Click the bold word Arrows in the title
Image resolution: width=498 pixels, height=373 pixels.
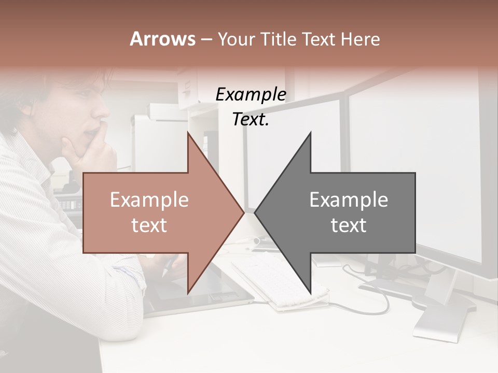[x=163, y=39]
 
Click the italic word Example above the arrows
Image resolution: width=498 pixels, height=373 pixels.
[x=251, y=95]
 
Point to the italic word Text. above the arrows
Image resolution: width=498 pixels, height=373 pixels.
[x=251, y=120]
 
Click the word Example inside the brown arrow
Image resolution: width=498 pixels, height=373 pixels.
[x=149, y=200]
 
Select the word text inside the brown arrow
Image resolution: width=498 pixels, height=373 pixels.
[x=149, y=225]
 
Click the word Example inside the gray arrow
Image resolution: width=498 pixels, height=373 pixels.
[x=349, y=200]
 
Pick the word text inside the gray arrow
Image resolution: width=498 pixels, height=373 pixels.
[x=349, y=225]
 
